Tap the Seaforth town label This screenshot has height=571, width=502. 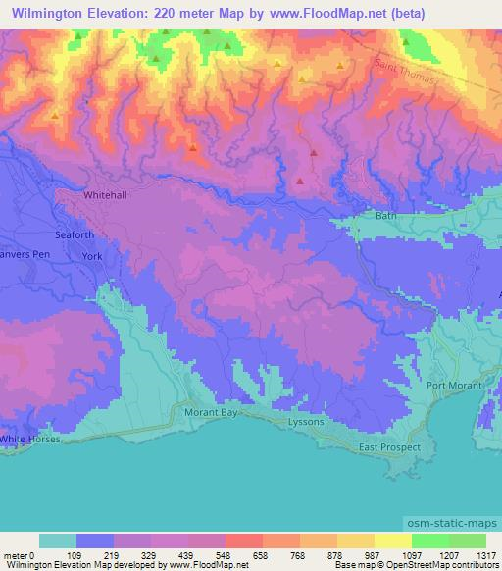tap(75, 235)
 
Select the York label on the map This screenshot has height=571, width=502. tap(92, 256)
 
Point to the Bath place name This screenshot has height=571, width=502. tap(385, 215)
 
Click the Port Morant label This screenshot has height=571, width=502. tap(453, 385)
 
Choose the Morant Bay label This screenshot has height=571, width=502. tap(212, 413)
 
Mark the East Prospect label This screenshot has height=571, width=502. tap(388, 447)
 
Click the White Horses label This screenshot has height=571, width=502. tap(29, 440)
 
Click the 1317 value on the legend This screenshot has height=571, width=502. tap(484, 554)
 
